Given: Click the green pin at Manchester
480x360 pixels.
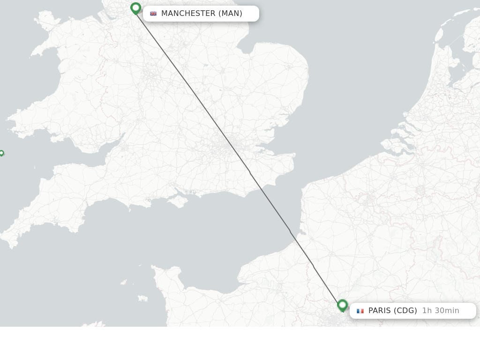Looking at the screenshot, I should (x=136, y=8).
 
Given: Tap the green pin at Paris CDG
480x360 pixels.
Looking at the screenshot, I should (x=343, y=306).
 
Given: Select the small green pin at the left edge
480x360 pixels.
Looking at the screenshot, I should (x=1, y=153).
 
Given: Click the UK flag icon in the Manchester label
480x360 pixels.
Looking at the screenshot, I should (x=153, y=14).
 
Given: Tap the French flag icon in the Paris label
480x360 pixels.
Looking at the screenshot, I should (x=360, y=311).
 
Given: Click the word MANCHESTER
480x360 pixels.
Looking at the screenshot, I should (x=188, y=14).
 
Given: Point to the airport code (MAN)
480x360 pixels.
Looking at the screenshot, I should (x=230, y=14).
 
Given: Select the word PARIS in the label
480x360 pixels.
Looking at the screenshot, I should (x=379, y=311).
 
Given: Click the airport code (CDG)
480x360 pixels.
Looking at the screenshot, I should (x=405, y=311).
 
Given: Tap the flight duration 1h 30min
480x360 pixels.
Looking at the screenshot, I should (x=441, y=311).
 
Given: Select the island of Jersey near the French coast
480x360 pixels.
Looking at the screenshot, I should (x=142, y=298).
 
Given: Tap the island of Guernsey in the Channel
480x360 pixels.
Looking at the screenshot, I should (x=124, y=282).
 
